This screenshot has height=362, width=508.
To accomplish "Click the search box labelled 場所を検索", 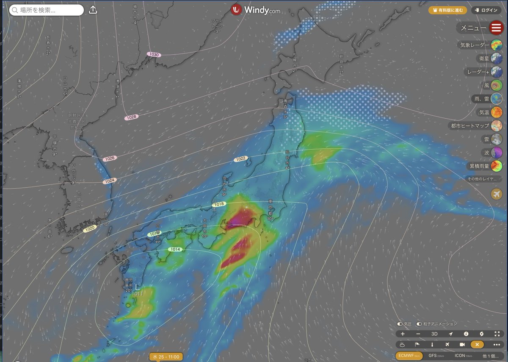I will tap(46, 10).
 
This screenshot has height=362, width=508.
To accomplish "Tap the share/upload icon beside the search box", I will tap(94, 10).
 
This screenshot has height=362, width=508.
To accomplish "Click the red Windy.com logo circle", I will tap(236, 10).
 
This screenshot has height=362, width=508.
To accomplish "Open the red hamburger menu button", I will tap(496, 28).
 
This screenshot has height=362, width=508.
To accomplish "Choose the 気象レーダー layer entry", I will tap(480, 45).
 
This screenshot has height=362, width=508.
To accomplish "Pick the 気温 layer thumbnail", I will tap(497, 112).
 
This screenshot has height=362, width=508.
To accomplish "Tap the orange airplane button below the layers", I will tap(497, 194).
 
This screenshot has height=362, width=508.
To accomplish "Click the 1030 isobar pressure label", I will tap(154, 55).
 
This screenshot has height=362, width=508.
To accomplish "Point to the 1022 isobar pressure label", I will tap(240, 159).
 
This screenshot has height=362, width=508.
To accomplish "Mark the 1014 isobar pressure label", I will tap(175, 249).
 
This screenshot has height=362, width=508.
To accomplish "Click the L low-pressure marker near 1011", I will tap(137, 287).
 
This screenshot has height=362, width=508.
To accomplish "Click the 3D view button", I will tap(434, 334).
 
